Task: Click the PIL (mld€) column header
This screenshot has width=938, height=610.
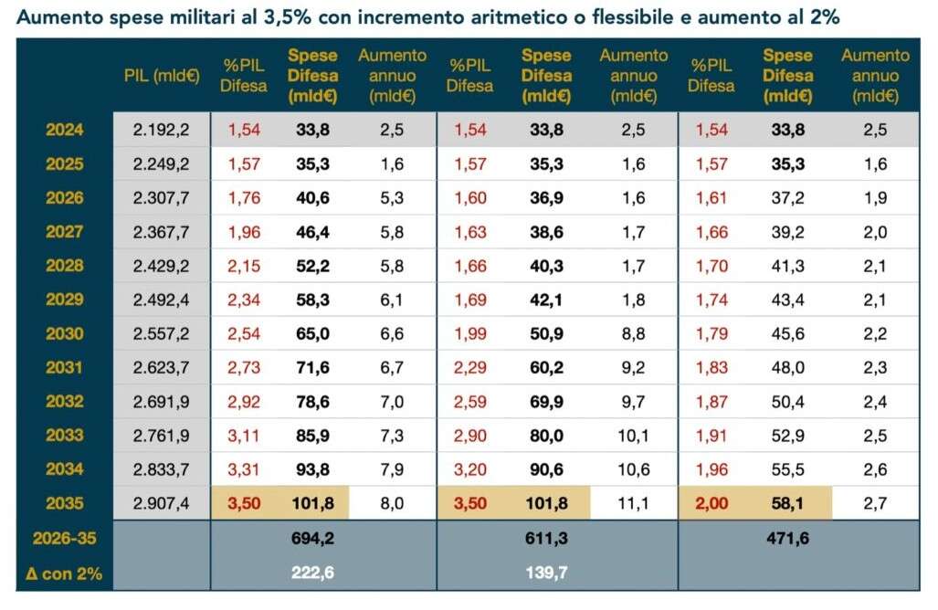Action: click(162, 75)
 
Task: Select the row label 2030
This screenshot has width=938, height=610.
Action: click(64, 333)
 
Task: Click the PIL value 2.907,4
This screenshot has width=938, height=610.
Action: click(161, 503)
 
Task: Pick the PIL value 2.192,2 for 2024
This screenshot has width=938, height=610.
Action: click(161, 130)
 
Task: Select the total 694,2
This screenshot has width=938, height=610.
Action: click(312, 539)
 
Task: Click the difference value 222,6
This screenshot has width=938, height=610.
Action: click(312, 573)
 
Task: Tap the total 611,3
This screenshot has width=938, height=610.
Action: click(546, 539)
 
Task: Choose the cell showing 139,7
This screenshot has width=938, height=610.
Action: click(546, 573)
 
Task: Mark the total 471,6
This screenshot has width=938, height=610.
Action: click(787, 539)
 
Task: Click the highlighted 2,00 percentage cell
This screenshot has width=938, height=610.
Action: click(712, 503)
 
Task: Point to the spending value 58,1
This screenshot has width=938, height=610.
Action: click(787, 503)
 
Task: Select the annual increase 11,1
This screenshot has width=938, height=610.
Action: click(633, 503)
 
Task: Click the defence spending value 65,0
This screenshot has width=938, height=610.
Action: click(312, 333)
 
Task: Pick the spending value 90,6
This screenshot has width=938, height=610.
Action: click(546, 469)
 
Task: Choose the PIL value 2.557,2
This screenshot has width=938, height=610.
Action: click(161, 333)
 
